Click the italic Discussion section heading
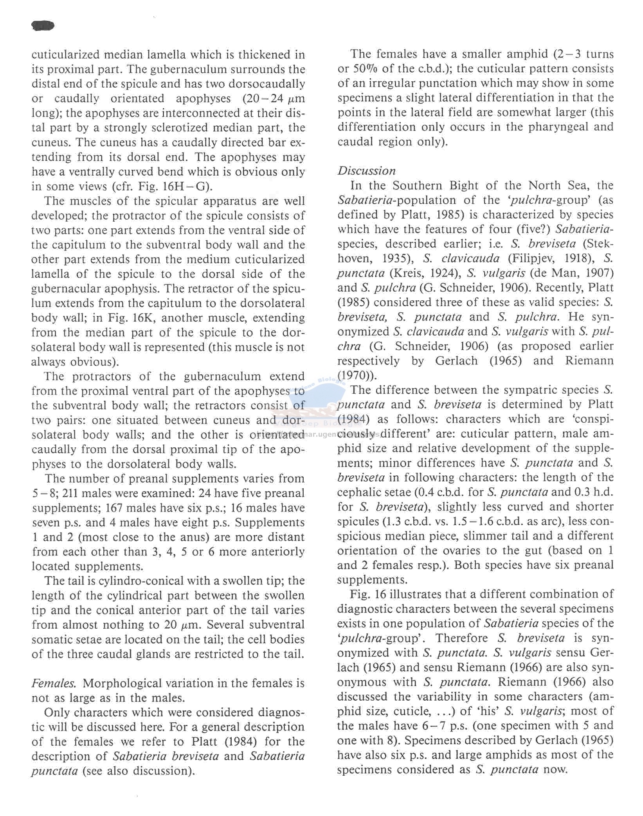tap(366, 171)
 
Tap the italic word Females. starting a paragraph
tap(54, 683)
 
